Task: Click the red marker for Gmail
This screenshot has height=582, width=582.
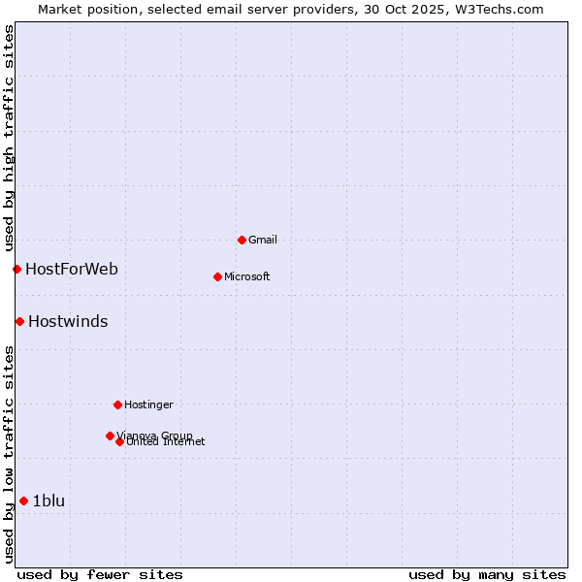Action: click(x=242, y=240)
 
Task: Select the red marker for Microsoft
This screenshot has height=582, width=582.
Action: click(x=217, y=276)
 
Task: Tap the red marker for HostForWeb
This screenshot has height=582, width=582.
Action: click(x=16, y=269)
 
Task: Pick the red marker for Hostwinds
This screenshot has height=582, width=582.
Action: click(x=19, y=321)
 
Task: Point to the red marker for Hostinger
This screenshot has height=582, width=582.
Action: click(x=117, y=404)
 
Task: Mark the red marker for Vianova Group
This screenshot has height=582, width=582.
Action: click(x=110, y=436)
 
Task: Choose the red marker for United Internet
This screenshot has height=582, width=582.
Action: click(x=119, y=441)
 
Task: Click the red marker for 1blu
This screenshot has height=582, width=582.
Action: click(x=23, y=501)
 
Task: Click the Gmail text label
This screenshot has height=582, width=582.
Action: click(x=262, y=240)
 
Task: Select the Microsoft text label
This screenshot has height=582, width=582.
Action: click(x=246, y=276)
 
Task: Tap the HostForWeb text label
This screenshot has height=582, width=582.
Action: click(x=72, y=269)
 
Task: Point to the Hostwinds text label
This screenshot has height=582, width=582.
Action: click(x=68, y=321)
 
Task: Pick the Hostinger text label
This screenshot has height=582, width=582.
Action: click(x=148, y=404)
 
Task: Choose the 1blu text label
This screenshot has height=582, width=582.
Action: click(x=48, y=501)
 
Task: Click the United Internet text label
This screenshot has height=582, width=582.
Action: click(x=166, y=442)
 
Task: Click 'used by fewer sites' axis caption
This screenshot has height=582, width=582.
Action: click(x=100, y=574)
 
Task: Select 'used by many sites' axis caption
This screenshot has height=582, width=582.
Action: click(x=487, y=574)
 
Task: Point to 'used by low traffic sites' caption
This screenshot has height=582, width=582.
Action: click(x=9, y=454)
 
